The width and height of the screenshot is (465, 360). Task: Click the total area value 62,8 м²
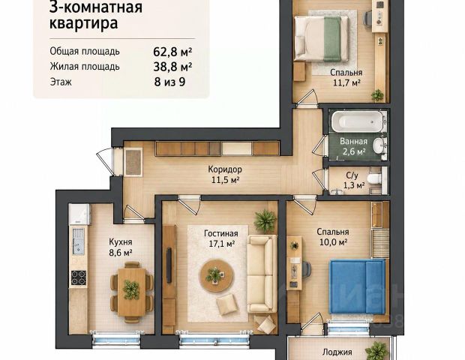(172, 52)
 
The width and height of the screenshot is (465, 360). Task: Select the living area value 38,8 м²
(172, 67)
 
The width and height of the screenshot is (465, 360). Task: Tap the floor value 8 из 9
(169, 82)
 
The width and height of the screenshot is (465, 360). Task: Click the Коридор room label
(225, 169)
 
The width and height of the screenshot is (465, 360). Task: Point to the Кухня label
(121, 242)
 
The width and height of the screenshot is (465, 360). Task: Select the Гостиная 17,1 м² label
(221, 238)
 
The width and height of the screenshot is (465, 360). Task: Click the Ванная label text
(353, 142)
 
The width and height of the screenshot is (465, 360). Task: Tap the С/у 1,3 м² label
(353, 180)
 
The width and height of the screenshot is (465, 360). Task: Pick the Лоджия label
(337, 352)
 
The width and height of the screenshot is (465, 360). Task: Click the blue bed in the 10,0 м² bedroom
(357, 286)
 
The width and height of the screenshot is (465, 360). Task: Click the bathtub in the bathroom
(358, 121)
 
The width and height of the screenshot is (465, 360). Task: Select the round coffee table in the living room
(217, 275)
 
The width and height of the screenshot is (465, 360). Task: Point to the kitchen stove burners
(79, 277)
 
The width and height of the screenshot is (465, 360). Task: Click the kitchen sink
(79, 241)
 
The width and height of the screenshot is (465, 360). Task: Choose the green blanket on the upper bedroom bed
(332, 39)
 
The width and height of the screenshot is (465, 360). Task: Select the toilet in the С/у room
(374, 178)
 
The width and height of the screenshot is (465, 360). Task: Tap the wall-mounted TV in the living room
(169, 265)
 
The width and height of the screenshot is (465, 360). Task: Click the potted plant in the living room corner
(265, 220)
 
